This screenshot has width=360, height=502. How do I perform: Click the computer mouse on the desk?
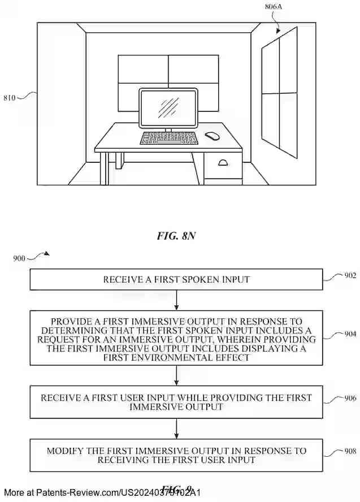(x=212, y=136)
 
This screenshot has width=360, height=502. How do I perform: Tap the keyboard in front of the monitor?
(x=168, y=138)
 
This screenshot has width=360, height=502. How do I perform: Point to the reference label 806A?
(x=275, y=8)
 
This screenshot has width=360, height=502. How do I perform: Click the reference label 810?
(x=10, y=97)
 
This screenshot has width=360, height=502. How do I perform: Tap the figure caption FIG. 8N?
(x=176, y=236)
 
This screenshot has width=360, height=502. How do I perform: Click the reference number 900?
(x=19, y=258)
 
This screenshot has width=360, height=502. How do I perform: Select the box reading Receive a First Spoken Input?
(x=176, y=279)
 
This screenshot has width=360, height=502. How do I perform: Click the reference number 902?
(x=350, y=275)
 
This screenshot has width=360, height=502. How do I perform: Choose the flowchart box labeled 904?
(x=176, y=337)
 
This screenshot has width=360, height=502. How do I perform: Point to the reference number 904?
(x=350, y=334)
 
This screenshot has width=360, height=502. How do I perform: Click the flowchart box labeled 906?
(x=176, y=402)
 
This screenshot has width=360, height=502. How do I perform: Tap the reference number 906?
(x=350, y=399)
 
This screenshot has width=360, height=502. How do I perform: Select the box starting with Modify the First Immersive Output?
(x=176, y=455)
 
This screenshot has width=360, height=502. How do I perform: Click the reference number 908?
(x=350, y=451)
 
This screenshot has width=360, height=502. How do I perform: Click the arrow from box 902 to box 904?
(x=177, y=300)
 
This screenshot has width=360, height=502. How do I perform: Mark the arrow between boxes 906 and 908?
(x=177, y=429)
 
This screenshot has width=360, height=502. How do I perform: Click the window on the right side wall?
(x=279, y=93)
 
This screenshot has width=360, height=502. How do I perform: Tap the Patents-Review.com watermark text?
(x=102, y=492)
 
